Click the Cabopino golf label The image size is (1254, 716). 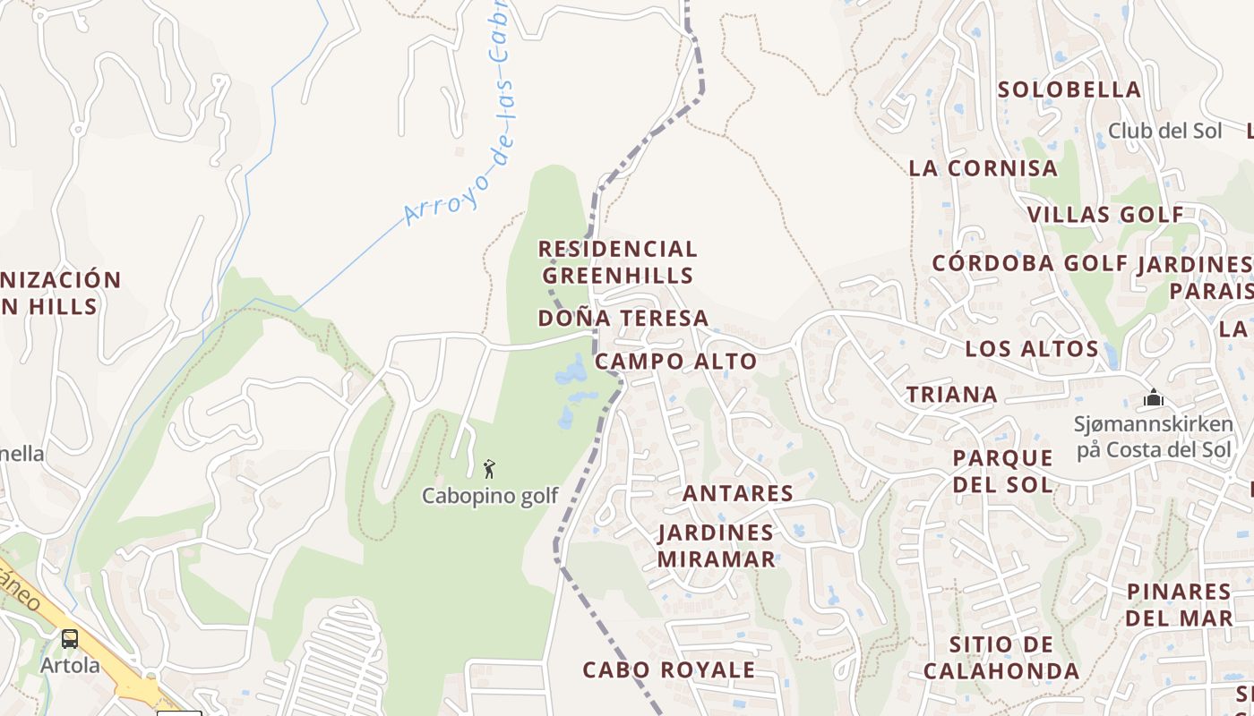[490, 495]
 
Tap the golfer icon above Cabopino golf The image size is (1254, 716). [489, 468]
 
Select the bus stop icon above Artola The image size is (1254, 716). [70, 639]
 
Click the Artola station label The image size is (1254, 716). [70, 665]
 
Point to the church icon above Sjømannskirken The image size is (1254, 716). [1154, 397]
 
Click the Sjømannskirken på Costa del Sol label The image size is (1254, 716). [1154, 437]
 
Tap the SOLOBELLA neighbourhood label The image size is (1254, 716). [1069, 89]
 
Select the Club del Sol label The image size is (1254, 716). [1164, 131]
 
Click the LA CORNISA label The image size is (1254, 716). [983, 168]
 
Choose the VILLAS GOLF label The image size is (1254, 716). [1105, 215]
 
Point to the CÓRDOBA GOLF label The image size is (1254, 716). [1030, 263]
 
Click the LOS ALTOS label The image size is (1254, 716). [1032, 349]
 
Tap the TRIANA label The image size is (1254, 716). [951, 395]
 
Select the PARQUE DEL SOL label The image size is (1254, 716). [1002, 471]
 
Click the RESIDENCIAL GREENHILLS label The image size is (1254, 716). [618, 261]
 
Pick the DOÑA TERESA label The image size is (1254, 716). [623, 318]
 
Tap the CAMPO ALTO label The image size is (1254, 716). [675, 362]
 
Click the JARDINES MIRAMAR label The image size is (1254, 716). [716, 545]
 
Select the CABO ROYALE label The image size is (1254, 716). [668, 669]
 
